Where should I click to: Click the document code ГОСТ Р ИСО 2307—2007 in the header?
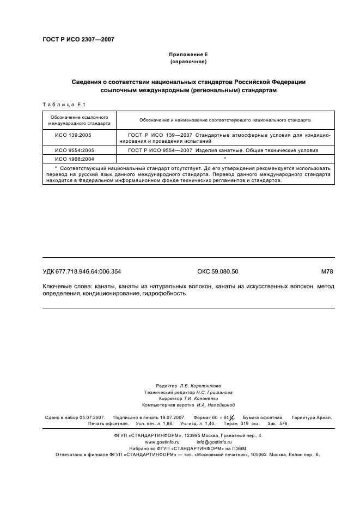[x=78, y=40]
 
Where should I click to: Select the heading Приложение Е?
[x=188, y=55]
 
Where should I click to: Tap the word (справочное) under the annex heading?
[x=188, y=62]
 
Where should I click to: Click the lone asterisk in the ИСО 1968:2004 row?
[x=225, y=159]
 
